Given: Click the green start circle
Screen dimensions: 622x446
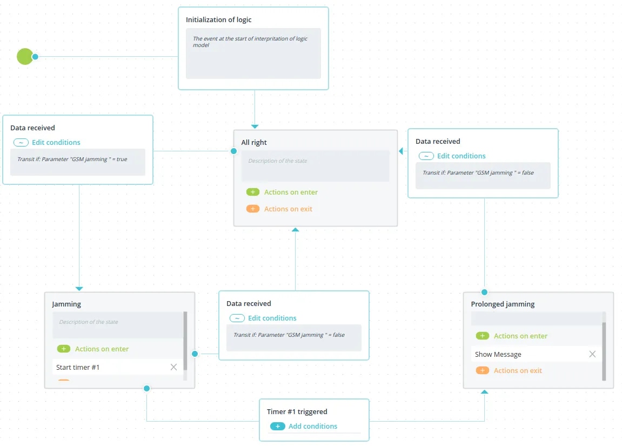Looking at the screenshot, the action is [x=25, y=56].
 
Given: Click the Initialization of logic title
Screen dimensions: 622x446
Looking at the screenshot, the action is [x=218, y=20].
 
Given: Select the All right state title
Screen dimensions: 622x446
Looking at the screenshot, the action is [x=254, y=143].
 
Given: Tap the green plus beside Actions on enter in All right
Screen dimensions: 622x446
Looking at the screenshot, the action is [x=253, y=192].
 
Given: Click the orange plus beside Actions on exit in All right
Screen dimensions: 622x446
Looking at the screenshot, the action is [x=253, y=209].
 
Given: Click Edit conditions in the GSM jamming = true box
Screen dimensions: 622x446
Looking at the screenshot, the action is [x=56, y=143].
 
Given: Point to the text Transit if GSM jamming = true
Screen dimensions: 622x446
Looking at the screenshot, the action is [x=72, y=159].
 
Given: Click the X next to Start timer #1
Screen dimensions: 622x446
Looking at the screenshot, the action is [x=174, y=367].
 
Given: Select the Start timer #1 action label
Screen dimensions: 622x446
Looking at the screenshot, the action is [x=78, y=368].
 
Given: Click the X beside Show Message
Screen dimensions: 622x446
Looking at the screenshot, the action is [x=592, y=354].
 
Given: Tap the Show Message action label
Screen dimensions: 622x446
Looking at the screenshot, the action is [x=498, y=354].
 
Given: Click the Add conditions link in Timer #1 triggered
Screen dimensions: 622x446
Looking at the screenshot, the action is [x=312, y=426].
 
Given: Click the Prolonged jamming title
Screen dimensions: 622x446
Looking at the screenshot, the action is [x=503, y=304].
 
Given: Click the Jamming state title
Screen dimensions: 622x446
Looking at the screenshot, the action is [x=66, y=304].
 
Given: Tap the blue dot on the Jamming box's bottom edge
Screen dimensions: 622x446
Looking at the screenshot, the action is [x=147, y=389].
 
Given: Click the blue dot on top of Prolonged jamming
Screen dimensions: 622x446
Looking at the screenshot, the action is [x=484, y=292].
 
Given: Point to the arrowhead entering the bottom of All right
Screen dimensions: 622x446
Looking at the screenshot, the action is [x=295, y=229].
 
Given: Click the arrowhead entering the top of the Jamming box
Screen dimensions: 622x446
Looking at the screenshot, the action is [x=79, y=289].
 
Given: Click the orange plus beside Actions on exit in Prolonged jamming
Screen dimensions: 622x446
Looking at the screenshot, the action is [x=483, y=371].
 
